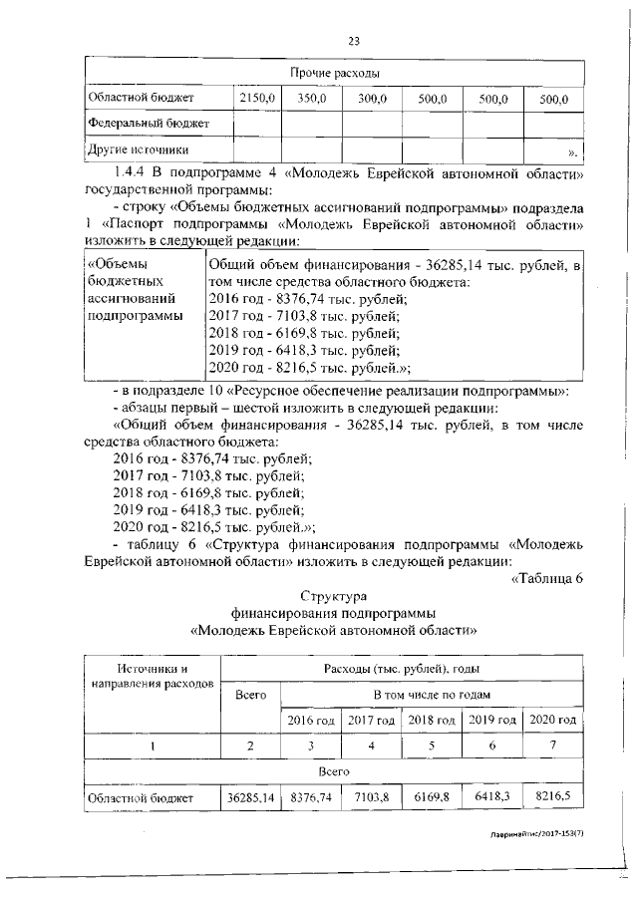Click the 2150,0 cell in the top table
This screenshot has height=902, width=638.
(256, 99)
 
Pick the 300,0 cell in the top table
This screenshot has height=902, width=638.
(372, 99)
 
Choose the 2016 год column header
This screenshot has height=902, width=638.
(311, 720)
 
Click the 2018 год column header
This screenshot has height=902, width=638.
(431, 720)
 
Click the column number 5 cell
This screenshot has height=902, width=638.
(431, 746)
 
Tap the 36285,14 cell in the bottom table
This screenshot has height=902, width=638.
(250, 797)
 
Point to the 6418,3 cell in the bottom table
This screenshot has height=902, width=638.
(491, 797)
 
